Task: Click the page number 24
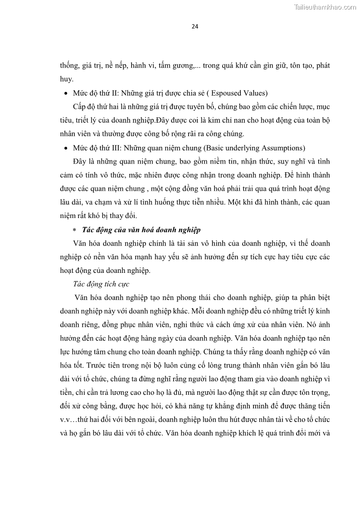tap(195, 26)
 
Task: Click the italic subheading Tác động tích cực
tap(101, 284)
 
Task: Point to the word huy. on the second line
tap(67, 79)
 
